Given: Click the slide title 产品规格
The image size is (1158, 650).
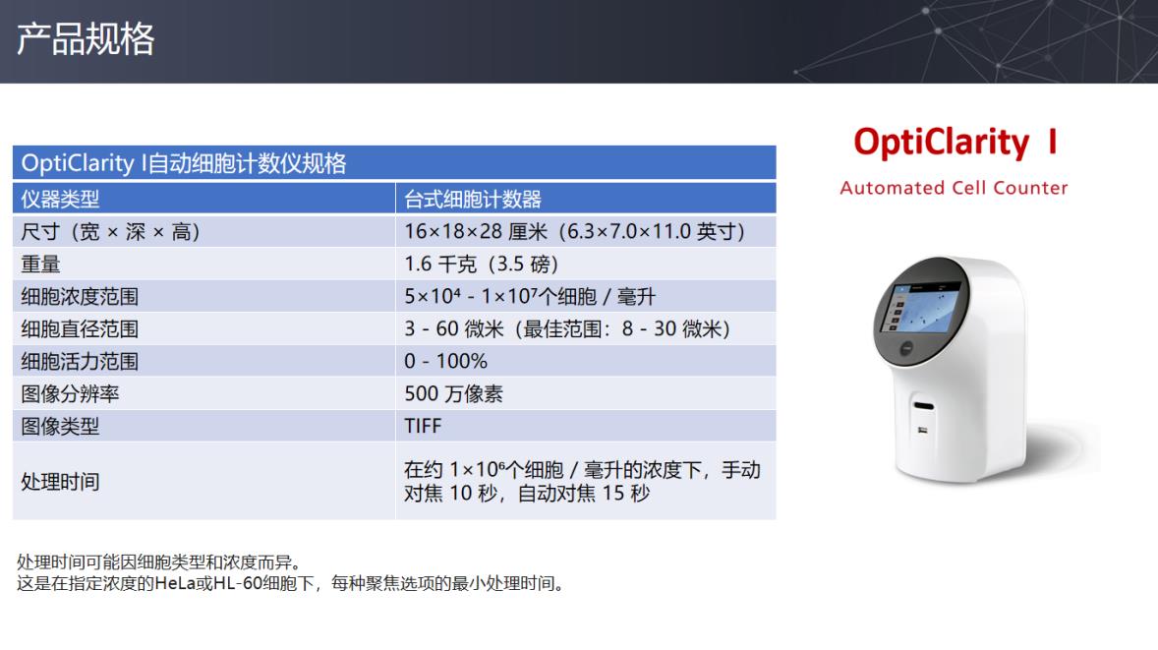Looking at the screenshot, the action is (x=86, y=38).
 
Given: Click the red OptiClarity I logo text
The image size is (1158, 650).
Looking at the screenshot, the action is (x=955, y=142).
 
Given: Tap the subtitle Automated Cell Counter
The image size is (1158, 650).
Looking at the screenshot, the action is (x=954, y=188).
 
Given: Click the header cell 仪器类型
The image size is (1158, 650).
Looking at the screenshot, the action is (x=60, y=199).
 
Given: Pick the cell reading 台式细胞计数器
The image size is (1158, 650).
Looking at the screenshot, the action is (x=473, y=199).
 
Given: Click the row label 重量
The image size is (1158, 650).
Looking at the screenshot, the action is (x=40, y=264).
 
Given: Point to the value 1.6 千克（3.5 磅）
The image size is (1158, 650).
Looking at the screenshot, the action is (x=481, y=264).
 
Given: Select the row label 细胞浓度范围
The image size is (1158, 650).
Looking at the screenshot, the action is (x=80, y=296).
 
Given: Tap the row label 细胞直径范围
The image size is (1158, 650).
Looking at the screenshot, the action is (x=80, y=328).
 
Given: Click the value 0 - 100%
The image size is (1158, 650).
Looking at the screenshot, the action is (x=445, y=361).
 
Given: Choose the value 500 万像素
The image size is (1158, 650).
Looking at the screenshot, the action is (x=453, y=393).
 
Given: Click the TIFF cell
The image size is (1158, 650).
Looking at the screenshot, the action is (x=423, y=426).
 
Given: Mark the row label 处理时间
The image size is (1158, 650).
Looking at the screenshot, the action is (x=60, y=482).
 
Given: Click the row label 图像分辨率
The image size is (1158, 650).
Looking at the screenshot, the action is (x=70, y=393).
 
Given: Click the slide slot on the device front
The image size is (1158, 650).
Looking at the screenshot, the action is (x=923, y=405).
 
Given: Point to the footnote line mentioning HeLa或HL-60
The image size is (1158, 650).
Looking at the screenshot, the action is (x=293, y=583).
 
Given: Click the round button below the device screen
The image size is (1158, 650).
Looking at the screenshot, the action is (x=906, y=348).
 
